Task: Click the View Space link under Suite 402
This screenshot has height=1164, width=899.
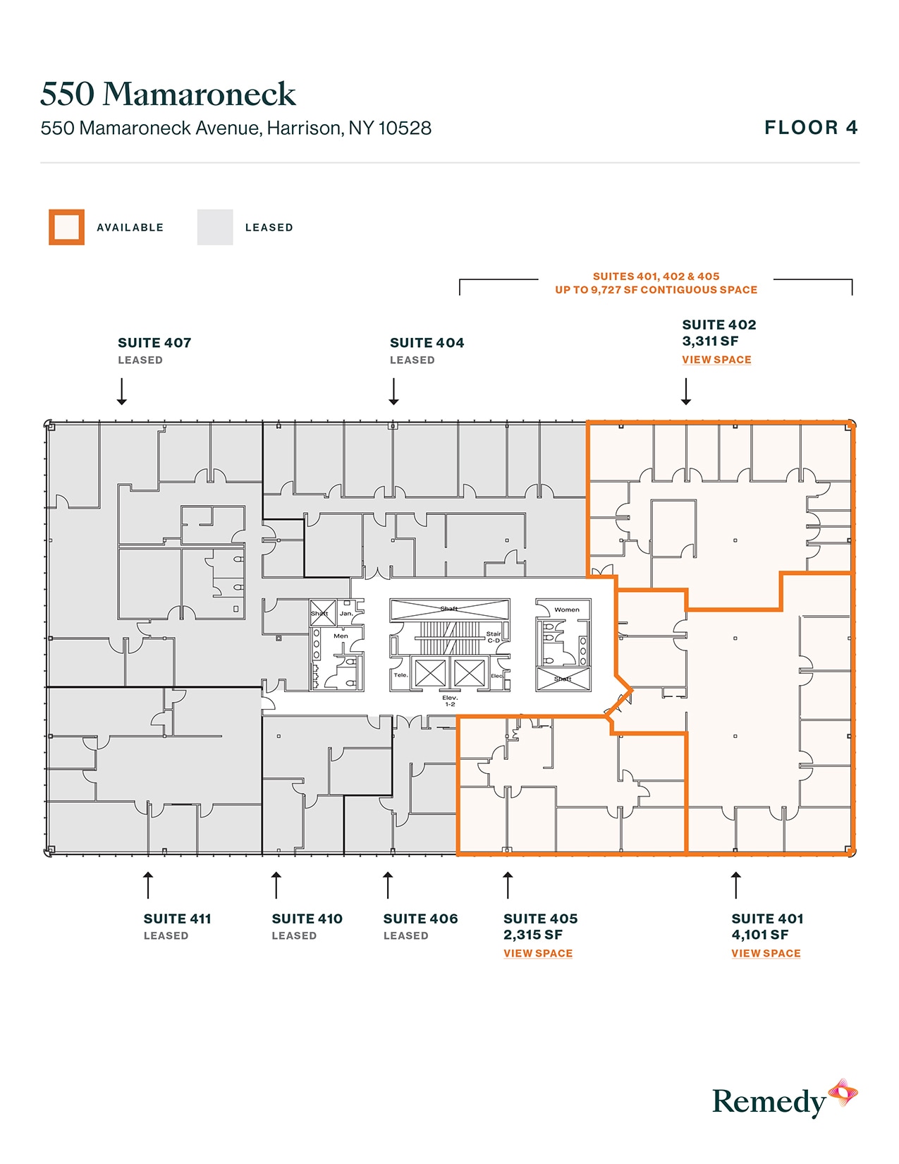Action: pyautogui.click(x=716, y=360)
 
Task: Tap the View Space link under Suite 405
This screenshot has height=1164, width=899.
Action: pyautogui.click(x=537, y=954)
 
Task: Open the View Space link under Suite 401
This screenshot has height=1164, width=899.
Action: pyautogui.click(x=766, y=954)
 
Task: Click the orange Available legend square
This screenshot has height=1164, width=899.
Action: pyautogui.click(x=66, y=227)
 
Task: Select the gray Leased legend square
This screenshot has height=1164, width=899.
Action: pyautogui.click(x=215, y=227)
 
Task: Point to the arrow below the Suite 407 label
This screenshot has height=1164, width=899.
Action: pyautogui.click(x=122, y=392)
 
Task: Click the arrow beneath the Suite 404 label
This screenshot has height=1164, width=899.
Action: pyautogui.click(x=394, y=392)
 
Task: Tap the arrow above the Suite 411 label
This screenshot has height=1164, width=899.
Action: pyautogui.click(x=148, y=885)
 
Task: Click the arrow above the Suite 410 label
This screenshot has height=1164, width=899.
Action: pyautogui.click(x=276, y=885)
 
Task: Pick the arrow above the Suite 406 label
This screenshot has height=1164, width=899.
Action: pyautogui.click(x=388, y=885)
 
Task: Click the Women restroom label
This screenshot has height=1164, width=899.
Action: pyautogui.click(x=567, y=610)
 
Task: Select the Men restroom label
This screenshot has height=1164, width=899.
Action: pyautogui.click(x=341, y=636)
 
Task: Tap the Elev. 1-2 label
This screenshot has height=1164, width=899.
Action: pyautogui.click(x=450, y=701)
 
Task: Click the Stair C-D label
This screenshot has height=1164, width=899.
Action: pyautogui.click(x=494, y=637)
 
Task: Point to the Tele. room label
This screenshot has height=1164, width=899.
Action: pyautogui.click(x=400, y=675)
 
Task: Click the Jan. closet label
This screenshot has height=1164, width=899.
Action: pyautogui.click(x=346, y=613)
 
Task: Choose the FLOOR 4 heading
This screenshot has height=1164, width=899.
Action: pyautogui.click(x=811, y=128)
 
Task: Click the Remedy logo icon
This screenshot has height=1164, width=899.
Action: pyautogui.click(x=843, y=1093)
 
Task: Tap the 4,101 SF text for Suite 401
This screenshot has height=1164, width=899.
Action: pyautogui.click(x=759, y=935)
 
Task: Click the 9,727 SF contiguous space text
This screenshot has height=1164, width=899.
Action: pyautogui.click(x=656, y=290)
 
